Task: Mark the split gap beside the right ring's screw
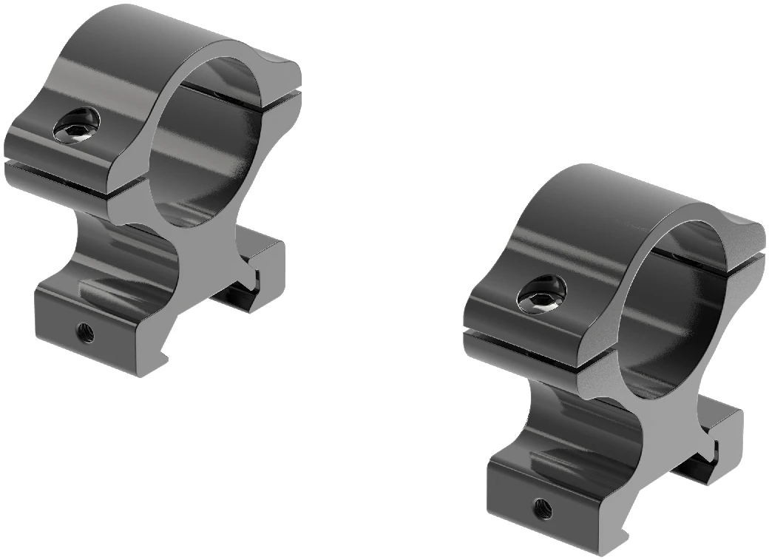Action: tap(518, 340)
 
